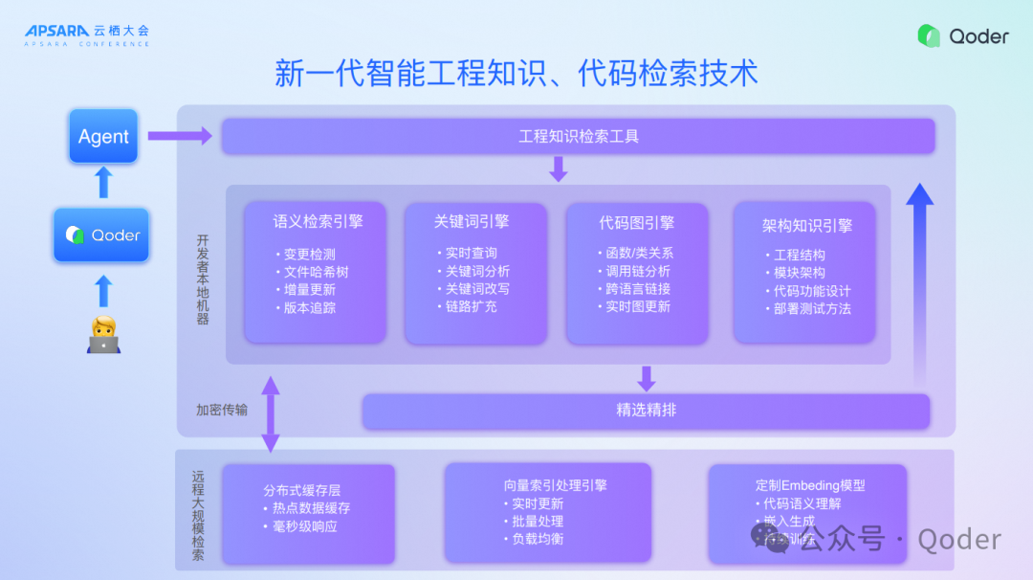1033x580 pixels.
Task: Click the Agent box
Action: [x=103, y=137]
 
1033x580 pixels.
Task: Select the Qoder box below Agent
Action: [x=101, y=234]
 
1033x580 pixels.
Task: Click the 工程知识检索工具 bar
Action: [x=578, y=136]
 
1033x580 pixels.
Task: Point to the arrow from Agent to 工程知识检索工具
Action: [x=180, y=137]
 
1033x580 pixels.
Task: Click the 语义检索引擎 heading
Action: [x=318, y=221]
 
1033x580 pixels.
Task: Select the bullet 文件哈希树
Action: [x=316, y=272]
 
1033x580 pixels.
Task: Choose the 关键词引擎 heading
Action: [x=471, y=221]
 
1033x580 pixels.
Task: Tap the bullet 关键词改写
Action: [x=476, y=289]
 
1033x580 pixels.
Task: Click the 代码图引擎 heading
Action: [x=636, y=222]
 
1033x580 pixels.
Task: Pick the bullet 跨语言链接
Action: [x=637, y=289]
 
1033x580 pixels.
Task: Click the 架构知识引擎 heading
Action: [x=806, y=226]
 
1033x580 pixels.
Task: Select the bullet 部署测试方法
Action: [x=811, y=308]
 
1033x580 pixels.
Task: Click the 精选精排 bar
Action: [x=646, y=411]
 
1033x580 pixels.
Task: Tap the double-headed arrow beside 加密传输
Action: [x=271, y=413]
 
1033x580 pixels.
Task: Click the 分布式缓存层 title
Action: [x=302, y=490]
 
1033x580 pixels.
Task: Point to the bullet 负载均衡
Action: [x=537, y=538]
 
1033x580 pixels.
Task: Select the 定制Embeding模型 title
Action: [x=809, y=485]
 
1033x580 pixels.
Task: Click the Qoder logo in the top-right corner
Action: [x=962, y=36]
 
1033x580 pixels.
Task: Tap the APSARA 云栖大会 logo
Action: [x=87, y=34]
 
